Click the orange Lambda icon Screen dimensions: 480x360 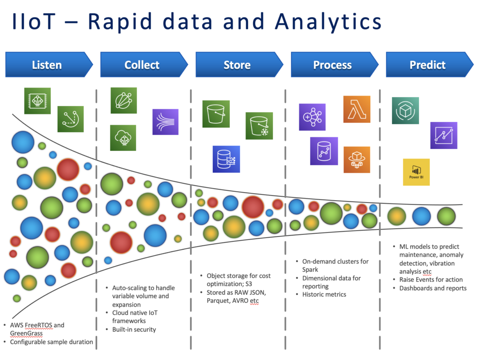coord(357,109)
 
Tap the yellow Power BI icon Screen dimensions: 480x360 coord(416,172)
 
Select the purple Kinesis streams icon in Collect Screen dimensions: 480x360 coord(165,122)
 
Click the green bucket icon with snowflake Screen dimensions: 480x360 coord(259,126)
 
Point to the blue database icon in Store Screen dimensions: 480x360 coord(226,159)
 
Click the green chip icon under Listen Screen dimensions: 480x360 coord(37,101)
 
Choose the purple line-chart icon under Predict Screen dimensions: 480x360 coord(444,135)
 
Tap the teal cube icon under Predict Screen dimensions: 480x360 coord(405,111)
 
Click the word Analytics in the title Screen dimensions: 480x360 coord(329,22)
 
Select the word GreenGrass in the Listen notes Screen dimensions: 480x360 coord(26,333)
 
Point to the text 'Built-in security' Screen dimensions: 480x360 coord(134,330)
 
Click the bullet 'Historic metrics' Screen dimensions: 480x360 coord(324,294)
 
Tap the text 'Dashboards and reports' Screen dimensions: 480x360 coord(433,288)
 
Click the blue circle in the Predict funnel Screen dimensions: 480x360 coord(421,216)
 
